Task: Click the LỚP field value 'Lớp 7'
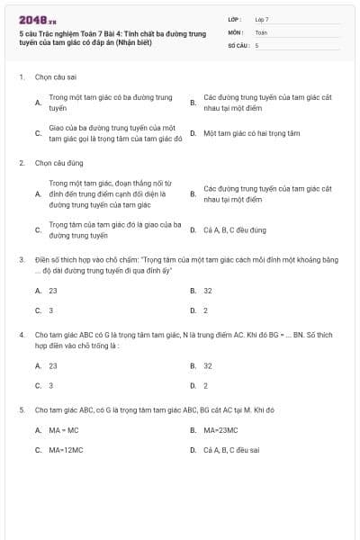(x=262, y=19)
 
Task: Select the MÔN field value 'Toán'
(x=261, y=31)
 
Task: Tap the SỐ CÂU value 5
(x=257, y=44)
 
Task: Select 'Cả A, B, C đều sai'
(x=231, y=450)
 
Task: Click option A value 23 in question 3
(x=53, y=291)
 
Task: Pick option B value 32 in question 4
(x=208, y=366)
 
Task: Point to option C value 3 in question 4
(x=51, y=385)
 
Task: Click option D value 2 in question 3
(x=206, y=310)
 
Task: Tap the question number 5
(x=22, y=410)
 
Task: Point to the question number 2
(x=22, y=163)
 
